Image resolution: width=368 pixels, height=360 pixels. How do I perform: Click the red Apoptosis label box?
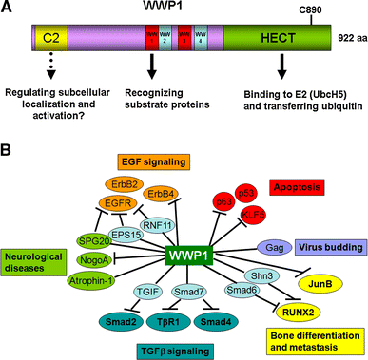pos(296,188)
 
